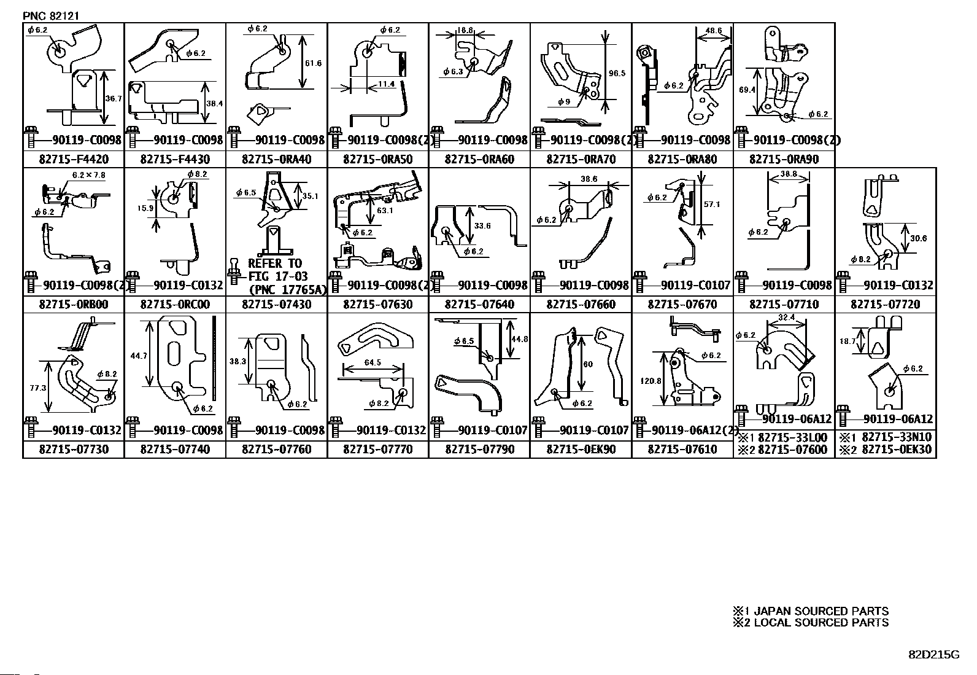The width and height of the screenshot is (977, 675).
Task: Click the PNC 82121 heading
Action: [51, 16]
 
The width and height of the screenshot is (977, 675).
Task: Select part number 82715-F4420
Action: [74, 160]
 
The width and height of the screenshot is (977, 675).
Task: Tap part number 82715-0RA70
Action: [581, 160]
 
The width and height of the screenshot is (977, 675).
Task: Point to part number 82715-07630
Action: [378, 305]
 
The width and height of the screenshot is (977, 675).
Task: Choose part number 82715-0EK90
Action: [581, 450]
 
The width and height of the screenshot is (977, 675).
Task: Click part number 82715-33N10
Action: [896, 437]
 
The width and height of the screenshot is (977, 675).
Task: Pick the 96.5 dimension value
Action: [617, 73]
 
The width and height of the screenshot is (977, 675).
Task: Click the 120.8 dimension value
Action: [650, 381]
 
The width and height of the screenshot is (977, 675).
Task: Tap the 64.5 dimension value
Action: [373, 362]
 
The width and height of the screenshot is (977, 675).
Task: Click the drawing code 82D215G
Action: [933, 654]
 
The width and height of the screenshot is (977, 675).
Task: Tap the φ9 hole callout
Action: [563, 101]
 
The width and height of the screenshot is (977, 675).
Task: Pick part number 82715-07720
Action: [886, 305]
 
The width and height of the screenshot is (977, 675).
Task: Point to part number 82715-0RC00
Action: [175, 305]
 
